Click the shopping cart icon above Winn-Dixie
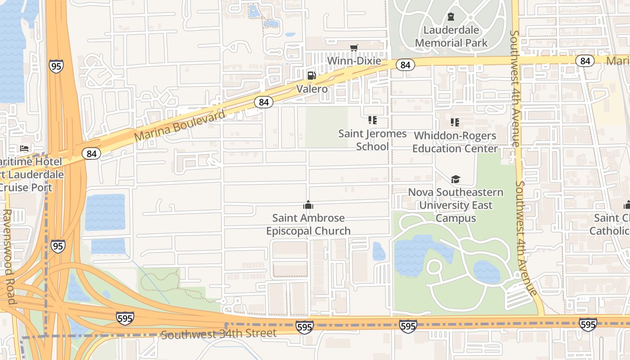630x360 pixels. pyautogui.click(x=354, y=48)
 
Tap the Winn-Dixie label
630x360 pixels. pyautogui.click(x=354, y=61)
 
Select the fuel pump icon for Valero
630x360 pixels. pyautogui.click(x=311, y=76)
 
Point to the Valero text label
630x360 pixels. pyautogui.click(x=312, y=89)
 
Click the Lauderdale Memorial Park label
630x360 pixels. pyautogui.click(x=451, y=36)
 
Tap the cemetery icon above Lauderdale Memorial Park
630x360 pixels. pyautogui.click(x=451, y=17)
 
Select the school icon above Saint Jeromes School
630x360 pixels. pyautogui.click(x=372, y=120)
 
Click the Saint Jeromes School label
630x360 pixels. pyautogui.click(x=372, y=140)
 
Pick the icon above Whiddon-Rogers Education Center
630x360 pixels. pyautogui.click(x=455, y=122)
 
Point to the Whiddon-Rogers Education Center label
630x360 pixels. pyautogui.click(x=455, y=142)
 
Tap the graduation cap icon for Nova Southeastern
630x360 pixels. pyautogui.click(x=455, y=180)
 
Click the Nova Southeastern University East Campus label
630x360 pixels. pyautogui.click(x=455, y=205)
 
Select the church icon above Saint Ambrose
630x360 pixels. pyautogui.click(x=308, y=205)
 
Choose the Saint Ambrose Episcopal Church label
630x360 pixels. pyautogui.click(x=308, y=224)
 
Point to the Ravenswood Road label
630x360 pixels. pyautogui.click(x=8, y=256)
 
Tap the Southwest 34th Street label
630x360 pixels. pyautogui.click(x=219, y=334)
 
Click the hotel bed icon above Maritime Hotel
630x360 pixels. pyautogui.click(x=24, y=148)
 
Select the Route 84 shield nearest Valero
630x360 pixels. pyautogui.click(x=264, y=102)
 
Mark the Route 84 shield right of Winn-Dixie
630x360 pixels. pyautogui.click(x=405, y=65)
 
